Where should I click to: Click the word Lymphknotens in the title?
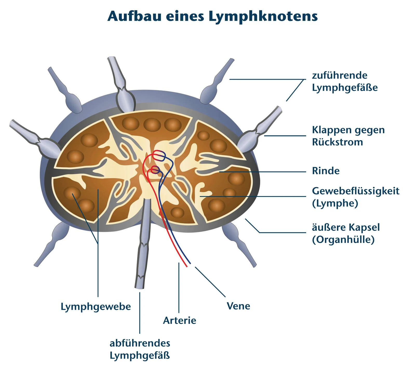coord(263,17)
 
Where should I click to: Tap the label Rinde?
coord(326,171)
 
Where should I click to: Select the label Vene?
coord(238,306)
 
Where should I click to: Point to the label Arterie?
coord(179,320)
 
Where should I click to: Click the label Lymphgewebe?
coord(96,307)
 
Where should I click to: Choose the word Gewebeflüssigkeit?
coord(356,191)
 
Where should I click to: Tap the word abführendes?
coord(140,343)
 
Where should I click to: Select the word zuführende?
coord(340,75)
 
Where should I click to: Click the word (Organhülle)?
coord(343,239)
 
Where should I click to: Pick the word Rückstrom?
coord(337,142)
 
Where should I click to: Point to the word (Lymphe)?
coord(335,203)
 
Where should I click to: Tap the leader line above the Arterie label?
coord(179,288)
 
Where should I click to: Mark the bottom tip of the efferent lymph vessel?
coord(139,287)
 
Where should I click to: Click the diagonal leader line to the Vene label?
coord(210,282)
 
